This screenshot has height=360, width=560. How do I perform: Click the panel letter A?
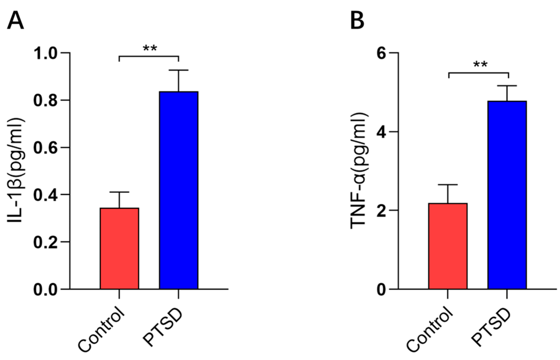click(15, 21)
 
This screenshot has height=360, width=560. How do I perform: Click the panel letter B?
click(357, 21)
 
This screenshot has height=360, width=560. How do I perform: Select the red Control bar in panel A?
click(119, 248)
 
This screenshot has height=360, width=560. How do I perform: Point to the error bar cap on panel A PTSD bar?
click(178, 70)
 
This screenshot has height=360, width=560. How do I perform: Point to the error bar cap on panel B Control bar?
click(448, 184)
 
